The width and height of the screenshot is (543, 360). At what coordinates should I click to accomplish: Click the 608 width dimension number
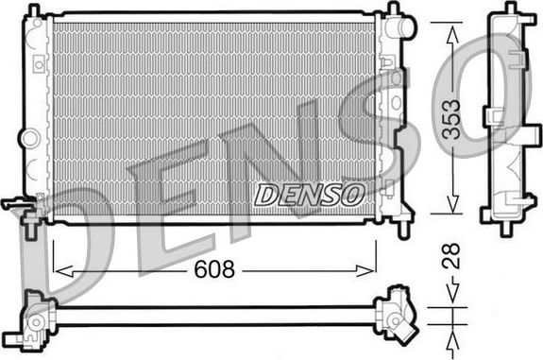coord(213,269)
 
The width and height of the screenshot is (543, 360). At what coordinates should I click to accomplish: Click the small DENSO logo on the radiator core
coord(308,195)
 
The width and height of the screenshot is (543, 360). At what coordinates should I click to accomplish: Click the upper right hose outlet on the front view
coord(405,29)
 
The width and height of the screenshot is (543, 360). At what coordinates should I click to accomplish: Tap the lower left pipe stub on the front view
coord(16,203)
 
